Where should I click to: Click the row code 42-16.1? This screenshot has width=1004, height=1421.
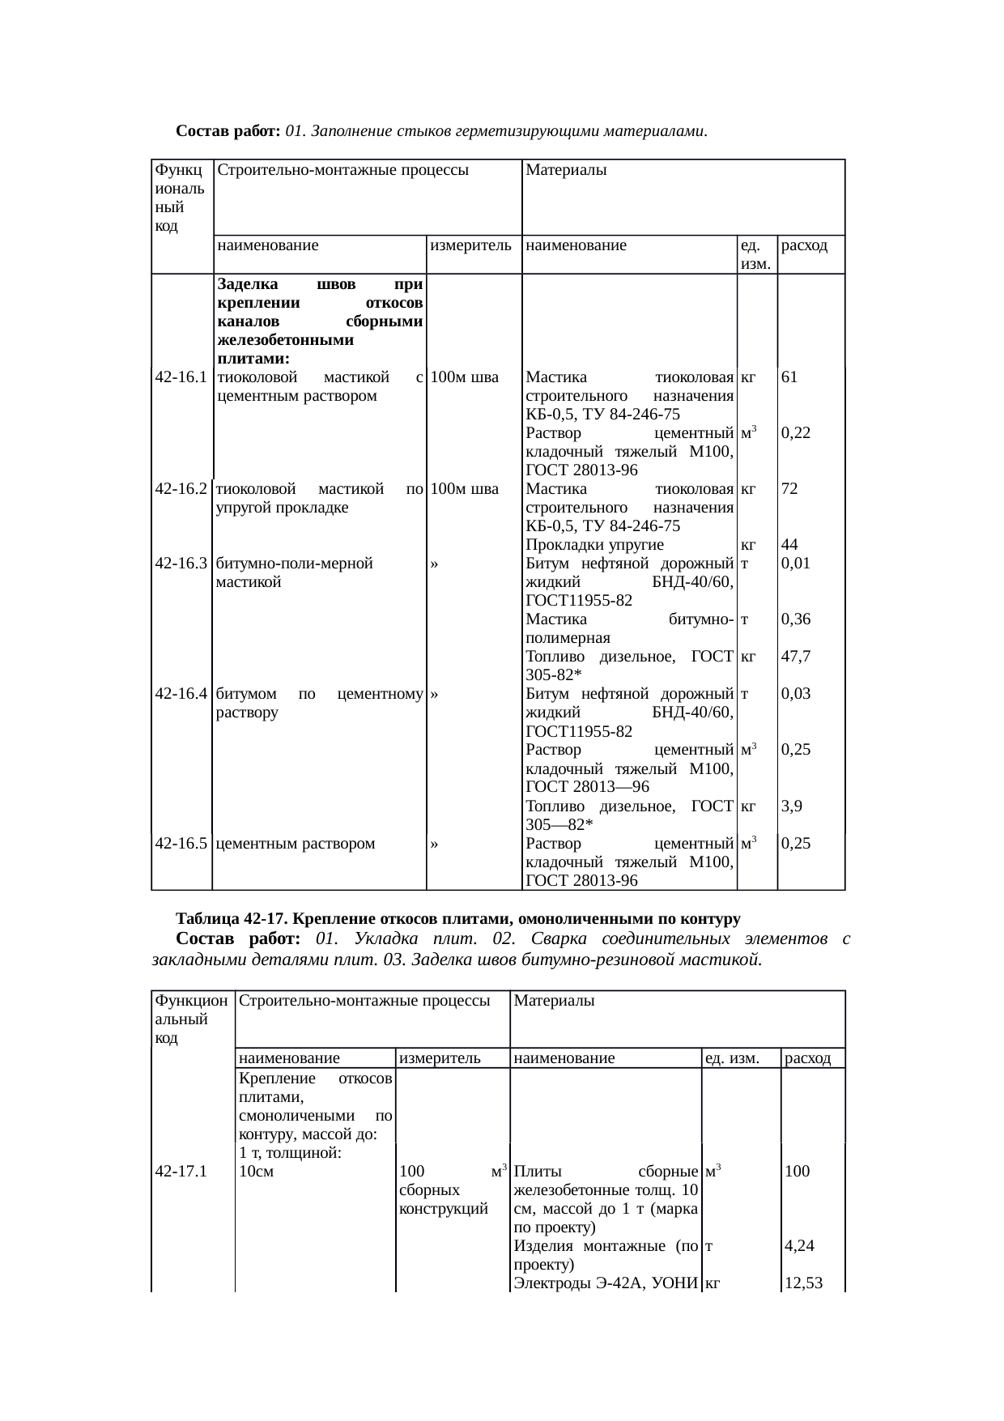[x=181, y=377]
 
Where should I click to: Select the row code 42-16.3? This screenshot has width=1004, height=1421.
[x=181, y=564]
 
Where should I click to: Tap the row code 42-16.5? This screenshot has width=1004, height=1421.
[x=181, y=844]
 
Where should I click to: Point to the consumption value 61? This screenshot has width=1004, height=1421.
[x=789, y=377]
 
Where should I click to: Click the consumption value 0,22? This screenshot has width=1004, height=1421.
[x=796, y=433]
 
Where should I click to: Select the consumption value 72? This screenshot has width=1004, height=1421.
[x=789, y=489]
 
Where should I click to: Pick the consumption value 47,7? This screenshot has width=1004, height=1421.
[x=796, y=657]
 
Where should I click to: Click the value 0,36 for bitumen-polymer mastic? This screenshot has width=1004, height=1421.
[x=796, y=619]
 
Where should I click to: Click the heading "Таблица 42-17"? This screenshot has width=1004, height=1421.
[x=230, y=920]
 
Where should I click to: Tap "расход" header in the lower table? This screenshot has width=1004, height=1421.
[x=807, y=1058]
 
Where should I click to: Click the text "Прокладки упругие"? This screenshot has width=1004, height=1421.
[x=594, y=545]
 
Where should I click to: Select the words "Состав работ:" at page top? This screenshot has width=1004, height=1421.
[x=228, y=130]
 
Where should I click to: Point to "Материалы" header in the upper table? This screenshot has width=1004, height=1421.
[x=566, y=171]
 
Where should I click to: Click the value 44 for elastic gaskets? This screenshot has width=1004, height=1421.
[x=789, y=545]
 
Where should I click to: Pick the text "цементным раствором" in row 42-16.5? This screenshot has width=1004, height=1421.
[x=296, y=844]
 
